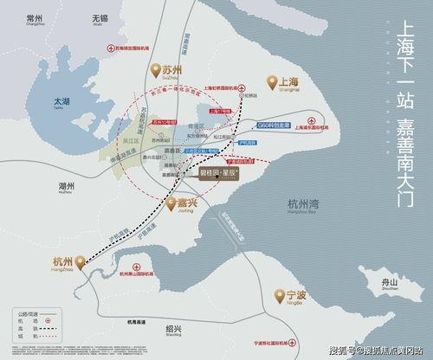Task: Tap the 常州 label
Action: pos(35,20)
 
